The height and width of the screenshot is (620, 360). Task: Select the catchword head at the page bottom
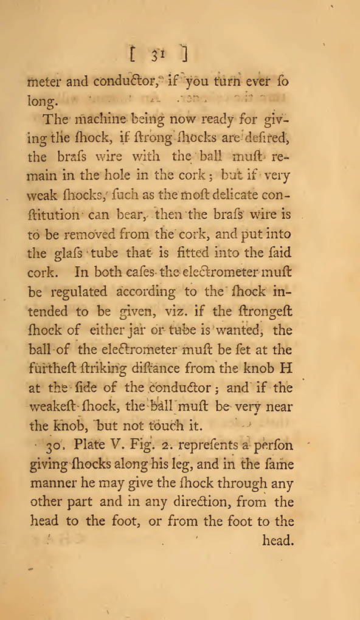click(x=278, y=540)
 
